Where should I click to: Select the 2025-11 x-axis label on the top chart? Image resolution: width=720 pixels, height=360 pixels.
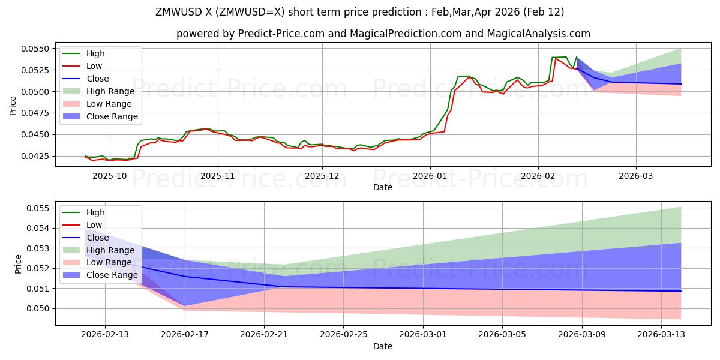click(x=217, y=176)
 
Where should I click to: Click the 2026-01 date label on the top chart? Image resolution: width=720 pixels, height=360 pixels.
click(x=430, y=176)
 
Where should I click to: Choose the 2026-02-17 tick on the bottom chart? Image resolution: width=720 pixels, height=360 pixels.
click(x=185, y=335)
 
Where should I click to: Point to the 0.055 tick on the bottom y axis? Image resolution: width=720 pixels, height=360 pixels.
click(x=42, y=208)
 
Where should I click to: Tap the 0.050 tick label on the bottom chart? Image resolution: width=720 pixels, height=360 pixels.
click(x=42, y=308)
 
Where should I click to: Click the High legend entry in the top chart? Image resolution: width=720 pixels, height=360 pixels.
click(x=95, y=53)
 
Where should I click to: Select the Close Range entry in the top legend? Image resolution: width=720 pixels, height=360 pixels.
click(x=112, y=116)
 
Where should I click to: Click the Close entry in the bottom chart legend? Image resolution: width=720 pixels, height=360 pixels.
click(x=98, y=237)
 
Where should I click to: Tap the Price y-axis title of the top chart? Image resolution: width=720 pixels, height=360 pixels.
click(x=14, y=105)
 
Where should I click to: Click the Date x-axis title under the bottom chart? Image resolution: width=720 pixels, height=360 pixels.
click(x=383, y=346)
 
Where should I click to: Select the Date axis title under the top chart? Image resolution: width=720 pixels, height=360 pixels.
click(x=383, y=187)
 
